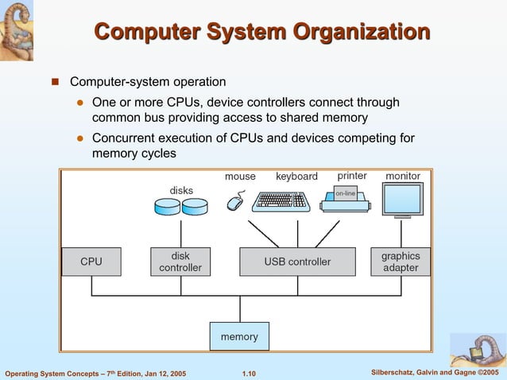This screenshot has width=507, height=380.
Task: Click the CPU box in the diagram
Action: pyautogui.click(x=91, y=262)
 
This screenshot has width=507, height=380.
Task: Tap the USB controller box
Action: pyautogui.click(x=297, y=262)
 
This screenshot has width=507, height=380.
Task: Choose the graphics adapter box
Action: pyautogui.click(x=401, y=262)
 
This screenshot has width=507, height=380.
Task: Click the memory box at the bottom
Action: pyautogui.click(x=239, y=336)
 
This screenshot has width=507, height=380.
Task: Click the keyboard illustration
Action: pyautogui.click(x=280, y=201)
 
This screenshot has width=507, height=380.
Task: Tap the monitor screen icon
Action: pyautogui.click(x=402, y=198)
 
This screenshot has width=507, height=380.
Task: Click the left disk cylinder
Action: pyautogui.click(x=167, y=207)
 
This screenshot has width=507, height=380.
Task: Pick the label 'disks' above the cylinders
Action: pyautogui.click(x=181, y=190)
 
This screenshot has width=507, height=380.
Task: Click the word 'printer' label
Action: pyautogui.click(x=352, y=176)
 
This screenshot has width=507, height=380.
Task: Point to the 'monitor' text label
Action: pyautogui.click(x=403, y=176)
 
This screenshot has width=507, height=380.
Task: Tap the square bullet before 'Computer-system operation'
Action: pyautogui.click(x=56, y=82)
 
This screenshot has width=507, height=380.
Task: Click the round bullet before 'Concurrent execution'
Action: pyautogui.click(x=79, y=138)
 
